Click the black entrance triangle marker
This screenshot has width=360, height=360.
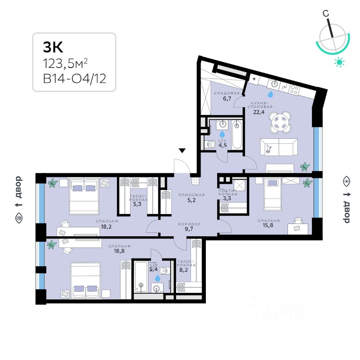[x=182, y=151]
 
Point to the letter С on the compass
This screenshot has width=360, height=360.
[x=326, y=13]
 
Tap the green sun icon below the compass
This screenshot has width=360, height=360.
[x=339, y=62]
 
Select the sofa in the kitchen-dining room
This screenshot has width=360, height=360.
[x=279, y=147]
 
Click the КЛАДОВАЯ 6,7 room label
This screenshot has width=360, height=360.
[x=227, y=96]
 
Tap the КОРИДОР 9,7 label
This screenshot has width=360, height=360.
[x=190, y=226]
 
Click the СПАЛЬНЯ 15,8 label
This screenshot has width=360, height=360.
[x=269, y=223]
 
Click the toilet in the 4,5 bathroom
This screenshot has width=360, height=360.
[x=210, y=144]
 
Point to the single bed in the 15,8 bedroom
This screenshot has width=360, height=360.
[x=273, y=194]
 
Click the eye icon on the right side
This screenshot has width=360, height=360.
[x=346, y=181]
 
